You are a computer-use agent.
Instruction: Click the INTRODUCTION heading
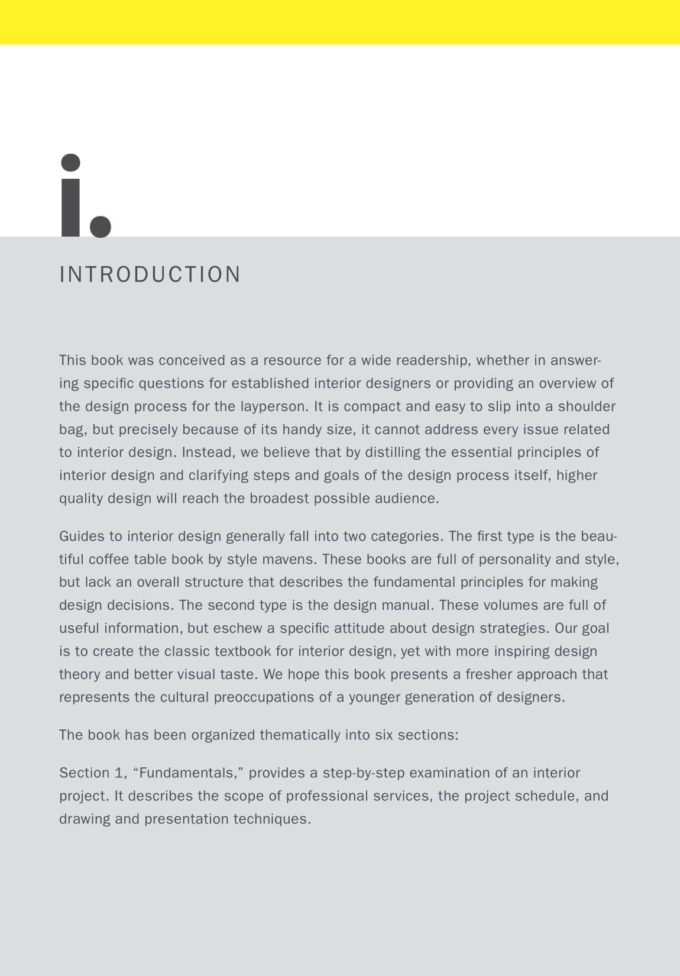[x=150, y=274]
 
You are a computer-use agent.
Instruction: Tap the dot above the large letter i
[x=71, y=163]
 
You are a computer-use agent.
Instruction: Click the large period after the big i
[x=100, y=226]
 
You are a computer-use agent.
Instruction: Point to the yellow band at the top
[x=340, y=22]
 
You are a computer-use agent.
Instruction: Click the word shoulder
[x=587, y=406]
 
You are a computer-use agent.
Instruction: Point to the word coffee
[x=109, y=560]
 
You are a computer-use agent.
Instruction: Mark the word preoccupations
[x=264, y=697]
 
